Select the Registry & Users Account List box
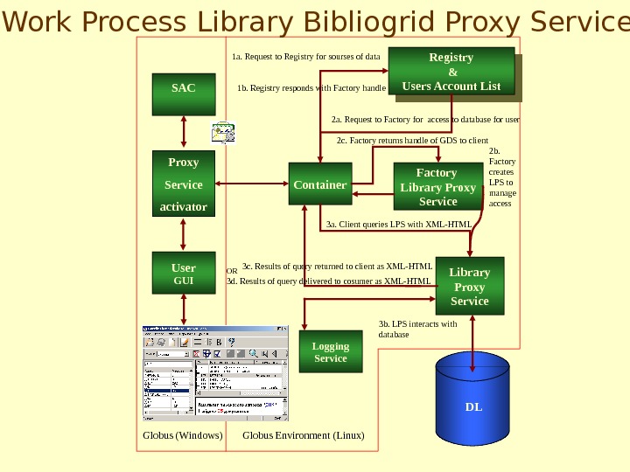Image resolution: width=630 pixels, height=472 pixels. [x=451, y=72]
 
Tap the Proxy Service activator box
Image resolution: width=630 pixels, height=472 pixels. [x=183, y=184]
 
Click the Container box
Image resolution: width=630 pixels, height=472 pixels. [x=320, y=184]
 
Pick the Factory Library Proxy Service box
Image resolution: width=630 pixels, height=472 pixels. [x=437, y=187]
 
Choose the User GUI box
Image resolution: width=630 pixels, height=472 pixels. [x=183, y=274]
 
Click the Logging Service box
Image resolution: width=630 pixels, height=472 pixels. [x=331, y=351]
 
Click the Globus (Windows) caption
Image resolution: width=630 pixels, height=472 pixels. [x=183, y=435]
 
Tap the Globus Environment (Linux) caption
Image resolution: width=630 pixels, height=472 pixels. [x=303, y=435]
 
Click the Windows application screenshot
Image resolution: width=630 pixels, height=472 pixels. [x=215, y=373]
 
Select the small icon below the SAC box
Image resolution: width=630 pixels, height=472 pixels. [x=223, y=132]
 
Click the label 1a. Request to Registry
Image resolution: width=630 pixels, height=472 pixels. [x=305, y=57]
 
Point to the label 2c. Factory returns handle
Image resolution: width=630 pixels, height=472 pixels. [x=412, y=140]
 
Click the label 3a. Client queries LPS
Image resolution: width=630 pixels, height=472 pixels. [x=398, y=225]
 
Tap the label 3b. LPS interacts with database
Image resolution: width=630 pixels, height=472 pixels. [x=417, y=329]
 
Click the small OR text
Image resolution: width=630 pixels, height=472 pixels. [x=232, y=271]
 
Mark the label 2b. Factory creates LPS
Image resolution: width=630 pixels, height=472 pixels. [x=501, y=177]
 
